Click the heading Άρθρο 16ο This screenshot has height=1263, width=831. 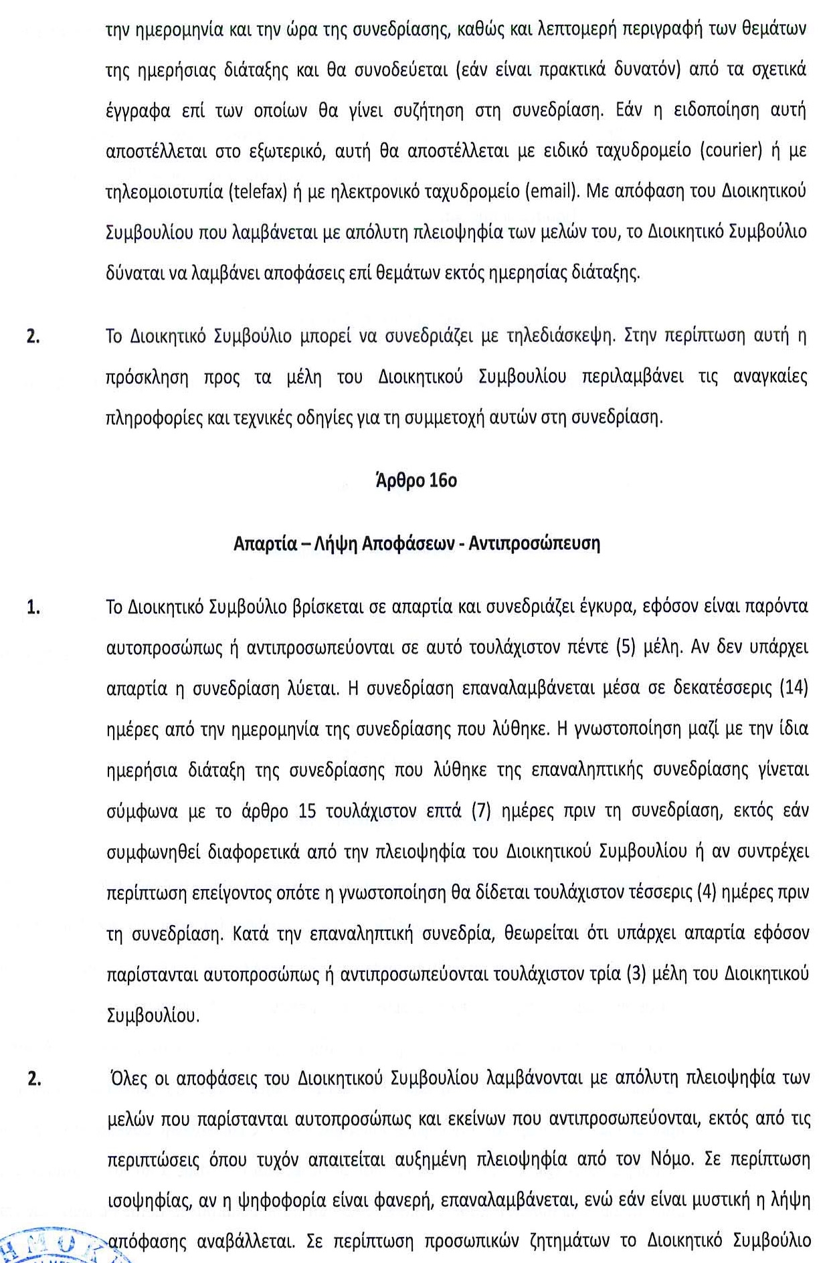pyautogui.click(x=416, y=481)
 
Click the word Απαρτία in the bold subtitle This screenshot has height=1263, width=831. pyautogui.click(x=264, y=543)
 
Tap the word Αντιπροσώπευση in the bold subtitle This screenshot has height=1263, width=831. pyautogui.click(x=534, y=543)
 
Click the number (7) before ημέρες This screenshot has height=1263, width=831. pyautogui.click(x=482, y=811)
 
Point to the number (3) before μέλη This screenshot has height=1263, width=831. pyautogui.click(x=636, y=974)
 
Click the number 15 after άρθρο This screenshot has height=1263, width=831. pyautogui.click(x=307, y=811)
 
